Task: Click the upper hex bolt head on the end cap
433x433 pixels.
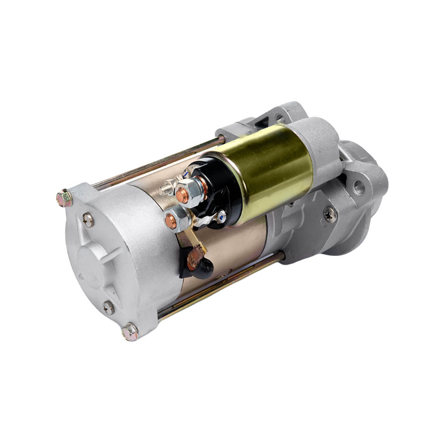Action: coord(64,198)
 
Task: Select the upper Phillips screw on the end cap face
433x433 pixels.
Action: coord(88,220)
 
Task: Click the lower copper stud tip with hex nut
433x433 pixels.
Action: coord(171,220)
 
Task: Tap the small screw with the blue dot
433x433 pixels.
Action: coord(221,216)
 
